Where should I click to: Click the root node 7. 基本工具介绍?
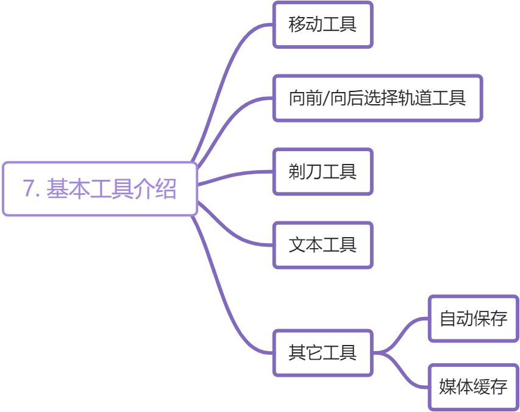tap(100, 189)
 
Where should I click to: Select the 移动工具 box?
tap(322, 25)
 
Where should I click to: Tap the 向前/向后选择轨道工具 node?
tap(377, 98)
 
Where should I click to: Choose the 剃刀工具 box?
tap(322, 172)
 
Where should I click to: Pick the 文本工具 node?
tap(322, 245)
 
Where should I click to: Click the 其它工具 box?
tap(322, 353)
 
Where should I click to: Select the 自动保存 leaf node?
tap(473, 318)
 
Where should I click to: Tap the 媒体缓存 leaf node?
tap(473, 387)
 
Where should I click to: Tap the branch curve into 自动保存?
tap(402, 330)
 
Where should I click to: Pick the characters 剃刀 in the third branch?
tap(305, 172)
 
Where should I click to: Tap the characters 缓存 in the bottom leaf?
tap(490, 387)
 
